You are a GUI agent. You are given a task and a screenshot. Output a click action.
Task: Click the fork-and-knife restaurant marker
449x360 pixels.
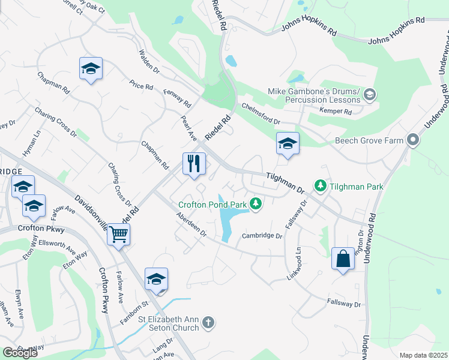point(194,163)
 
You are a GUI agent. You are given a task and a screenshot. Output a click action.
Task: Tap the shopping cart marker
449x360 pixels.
point(119,234)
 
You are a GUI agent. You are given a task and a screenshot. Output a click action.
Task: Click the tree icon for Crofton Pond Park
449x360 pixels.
point(256,204)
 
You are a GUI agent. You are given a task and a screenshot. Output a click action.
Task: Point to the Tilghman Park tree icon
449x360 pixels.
point(321,186)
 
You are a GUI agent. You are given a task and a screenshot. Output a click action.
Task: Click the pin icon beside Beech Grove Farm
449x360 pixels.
point(412,140)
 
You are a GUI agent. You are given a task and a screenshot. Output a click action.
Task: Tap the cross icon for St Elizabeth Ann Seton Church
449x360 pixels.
point(208,323)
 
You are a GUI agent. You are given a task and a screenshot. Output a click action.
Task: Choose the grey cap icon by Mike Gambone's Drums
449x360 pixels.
point(370,94)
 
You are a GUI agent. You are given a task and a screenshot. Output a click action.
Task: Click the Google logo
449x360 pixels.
point(20,353)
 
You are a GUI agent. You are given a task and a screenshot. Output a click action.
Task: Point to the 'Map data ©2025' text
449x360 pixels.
point(423,355)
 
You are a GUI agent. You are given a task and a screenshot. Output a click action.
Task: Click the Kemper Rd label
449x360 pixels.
point(336,112)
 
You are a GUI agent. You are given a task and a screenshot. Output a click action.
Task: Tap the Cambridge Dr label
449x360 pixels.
point(262,236)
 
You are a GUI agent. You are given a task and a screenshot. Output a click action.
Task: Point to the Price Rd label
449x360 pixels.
point(141,86)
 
